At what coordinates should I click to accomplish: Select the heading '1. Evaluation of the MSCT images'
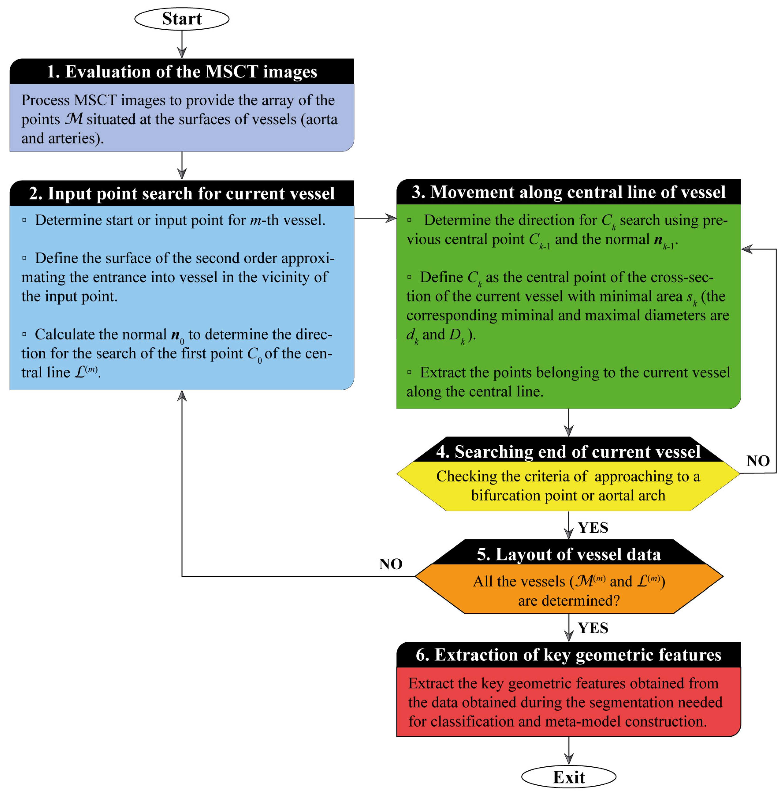pyautogui.click(x=182, y=72)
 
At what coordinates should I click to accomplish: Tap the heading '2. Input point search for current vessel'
pyautogui.click(x=182, y=193)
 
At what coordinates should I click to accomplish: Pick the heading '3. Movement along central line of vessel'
pyautogui.click(x=568, y=192)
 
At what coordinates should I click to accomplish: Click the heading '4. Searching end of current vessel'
pyautogui.click(x=568, y=452)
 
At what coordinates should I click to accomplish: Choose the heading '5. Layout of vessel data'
pyautogui.click(x=568, y=554)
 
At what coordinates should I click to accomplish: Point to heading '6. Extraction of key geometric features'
pyautogui.click(x=568, y=655)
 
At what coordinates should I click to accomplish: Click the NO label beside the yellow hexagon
pyautogui.click(x=758, y=461)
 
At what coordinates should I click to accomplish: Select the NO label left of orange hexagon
pyautogui.click(x=390, y=564)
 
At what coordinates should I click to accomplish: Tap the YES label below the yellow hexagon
pyautogui.click(x=593, y=527)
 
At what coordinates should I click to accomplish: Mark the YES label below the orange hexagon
pyautogui.click(x=593, y=628)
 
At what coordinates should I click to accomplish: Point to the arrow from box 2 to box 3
pyautogui.click(x=375, y=218)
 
